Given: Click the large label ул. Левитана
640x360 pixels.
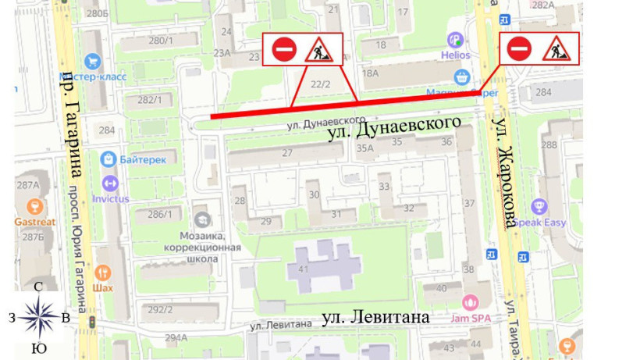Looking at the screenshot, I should click(375, 318).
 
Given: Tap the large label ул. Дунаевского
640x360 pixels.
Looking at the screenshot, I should click(395, 130).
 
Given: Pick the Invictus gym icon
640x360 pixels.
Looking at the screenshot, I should click(109, 184).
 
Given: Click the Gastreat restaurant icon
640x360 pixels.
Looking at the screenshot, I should click(34, 207).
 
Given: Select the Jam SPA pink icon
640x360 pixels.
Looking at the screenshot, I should click(470, 302).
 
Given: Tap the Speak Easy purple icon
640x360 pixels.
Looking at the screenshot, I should click(538, 207).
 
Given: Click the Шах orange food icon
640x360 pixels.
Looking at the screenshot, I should click(103, 273).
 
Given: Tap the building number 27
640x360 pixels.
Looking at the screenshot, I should click(287, 153).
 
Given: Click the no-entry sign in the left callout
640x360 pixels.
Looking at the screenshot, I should click(283, 49).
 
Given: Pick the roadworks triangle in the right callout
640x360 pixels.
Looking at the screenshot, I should click(557, 49).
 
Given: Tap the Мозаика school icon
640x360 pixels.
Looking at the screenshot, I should click(202, 220).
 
